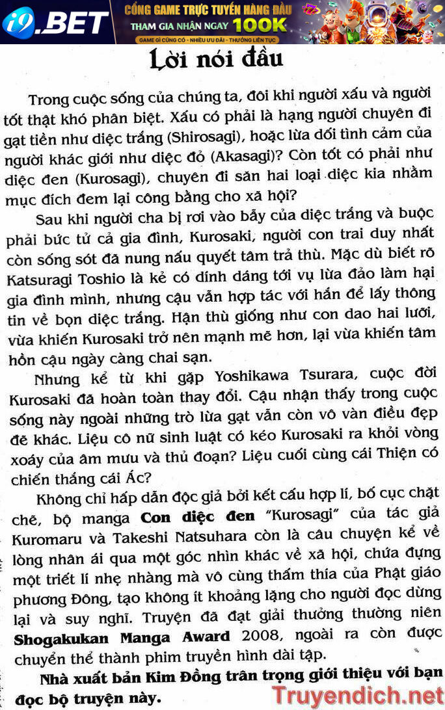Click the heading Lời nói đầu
217,60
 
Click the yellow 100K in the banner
260,25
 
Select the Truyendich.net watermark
357,695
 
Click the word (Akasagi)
254,157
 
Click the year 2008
258,637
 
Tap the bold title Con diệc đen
199,519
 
